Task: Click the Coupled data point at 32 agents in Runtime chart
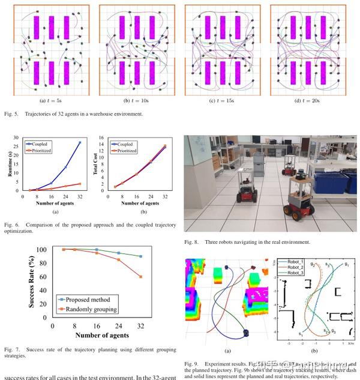(79, 142)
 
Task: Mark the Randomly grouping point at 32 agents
(140, 277)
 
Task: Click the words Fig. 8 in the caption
(192, 242)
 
